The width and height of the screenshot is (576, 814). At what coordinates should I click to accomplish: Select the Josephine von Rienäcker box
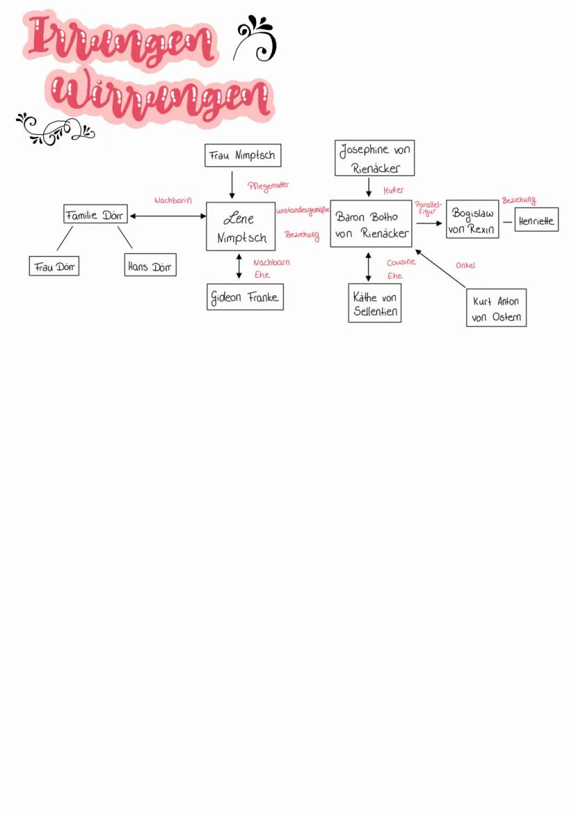click(x=375, y=159)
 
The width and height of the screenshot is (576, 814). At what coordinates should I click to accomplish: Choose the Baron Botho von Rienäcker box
click(x=371, y=224)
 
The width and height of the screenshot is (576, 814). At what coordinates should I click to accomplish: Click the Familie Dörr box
click(x=95, y=214)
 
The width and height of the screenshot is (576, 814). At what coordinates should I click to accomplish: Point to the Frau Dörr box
click(x=54, y=266)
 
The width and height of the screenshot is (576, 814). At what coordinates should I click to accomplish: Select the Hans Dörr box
click(x=150, y=265)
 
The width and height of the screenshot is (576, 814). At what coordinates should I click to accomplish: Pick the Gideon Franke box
click(x=245, y=297)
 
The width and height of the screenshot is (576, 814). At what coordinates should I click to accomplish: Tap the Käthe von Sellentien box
click(x=375, y=303)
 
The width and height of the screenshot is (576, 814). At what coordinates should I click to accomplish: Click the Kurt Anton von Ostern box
click(x=496, y=308)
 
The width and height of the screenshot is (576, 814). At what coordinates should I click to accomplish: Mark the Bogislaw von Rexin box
click(x=472, y=220)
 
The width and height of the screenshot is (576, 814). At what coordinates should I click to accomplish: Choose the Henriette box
click(x=536, y=220)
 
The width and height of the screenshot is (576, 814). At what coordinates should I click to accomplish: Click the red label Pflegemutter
click(x=269, y=186)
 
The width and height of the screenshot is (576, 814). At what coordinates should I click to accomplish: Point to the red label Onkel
click(x=465, y=266)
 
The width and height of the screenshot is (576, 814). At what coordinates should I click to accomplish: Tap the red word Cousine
click(x=401, y=262)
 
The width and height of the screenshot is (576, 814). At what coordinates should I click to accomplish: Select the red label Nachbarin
click(x=173, y=200)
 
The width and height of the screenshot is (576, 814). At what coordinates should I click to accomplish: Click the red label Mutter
click(x=393, y=190)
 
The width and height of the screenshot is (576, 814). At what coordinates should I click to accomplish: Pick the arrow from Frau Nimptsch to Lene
click(x=232, y=184)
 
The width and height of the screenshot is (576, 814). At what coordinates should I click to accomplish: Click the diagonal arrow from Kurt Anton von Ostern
click(x=440, y=268)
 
